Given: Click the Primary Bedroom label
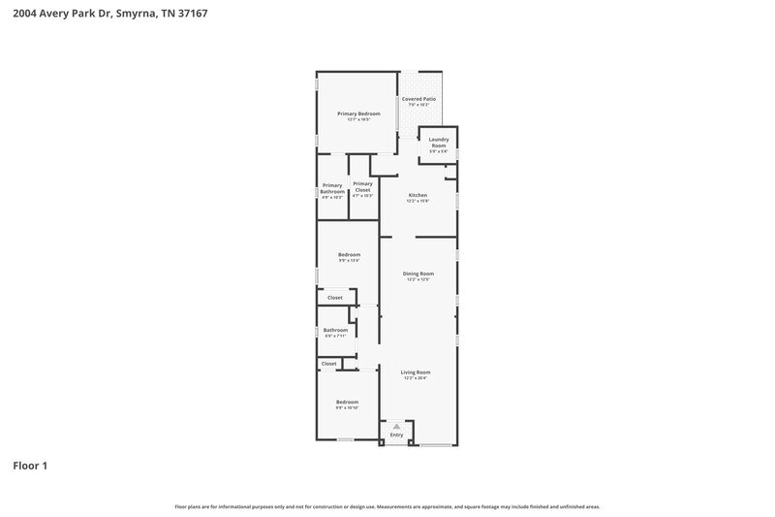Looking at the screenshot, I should pos(358,113).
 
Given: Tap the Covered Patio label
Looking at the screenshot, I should pos(418,99).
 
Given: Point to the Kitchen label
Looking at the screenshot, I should pos(418,195).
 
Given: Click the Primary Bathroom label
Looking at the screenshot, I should pos(332,188).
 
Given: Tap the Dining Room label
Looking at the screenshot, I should pos(418,274).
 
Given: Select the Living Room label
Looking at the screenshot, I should pos(416,372).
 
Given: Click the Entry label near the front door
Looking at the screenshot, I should pos(396,435).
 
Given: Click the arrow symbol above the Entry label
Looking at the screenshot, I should pos(396,426).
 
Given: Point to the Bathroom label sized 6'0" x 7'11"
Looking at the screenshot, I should pos(335,330).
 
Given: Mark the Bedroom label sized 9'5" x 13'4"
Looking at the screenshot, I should pos(349,254).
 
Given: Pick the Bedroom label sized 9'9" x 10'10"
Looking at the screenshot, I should pos(347,402).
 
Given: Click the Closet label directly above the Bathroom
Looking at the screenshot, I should pos(334,298).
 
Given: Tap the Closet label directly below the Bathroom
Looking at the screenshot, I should pos(329,364).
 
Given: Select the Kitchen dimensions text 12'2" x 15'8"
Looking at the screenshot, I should pos(418,202).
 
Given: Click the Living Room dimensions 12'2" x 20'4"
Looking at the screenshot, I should pos(416,378).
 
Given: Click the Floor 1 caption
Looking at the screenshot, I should pos(29,467).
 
